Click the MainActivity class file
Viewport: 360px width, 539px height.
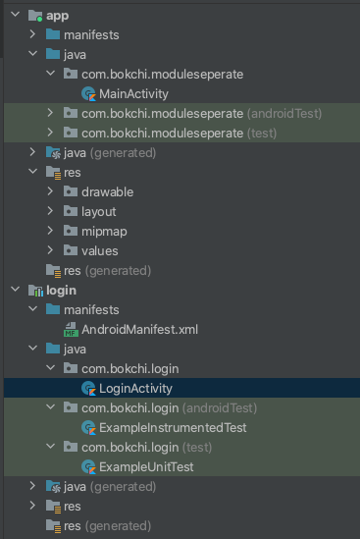[x=133, y=94]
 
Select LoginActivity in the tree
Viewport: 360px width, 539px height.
[x=135, y=388]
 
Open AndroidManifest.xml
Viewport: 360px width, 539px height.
[x=140, y=329]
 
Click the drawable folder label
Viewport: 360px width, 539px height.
[x=107, y=191]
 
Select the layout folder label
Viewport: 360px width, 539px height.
[x=99, y=211]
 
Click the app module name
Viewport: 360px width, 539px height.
[x=57, y=16]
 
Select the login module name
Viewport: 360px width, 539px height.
[x=60, y=290]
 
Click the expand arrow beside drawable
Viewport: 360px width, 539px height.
[x=50, y=191]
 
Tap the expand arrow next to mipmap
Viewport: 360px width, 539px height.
[x=50, y=231]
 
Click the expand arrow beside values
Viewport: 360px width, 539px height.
[x=50, y=250]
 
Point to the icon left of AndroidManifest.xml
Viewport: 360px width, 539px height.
[x=71, y=329]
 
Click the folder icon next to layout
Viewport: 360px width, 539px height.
[x=70, y=211]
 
